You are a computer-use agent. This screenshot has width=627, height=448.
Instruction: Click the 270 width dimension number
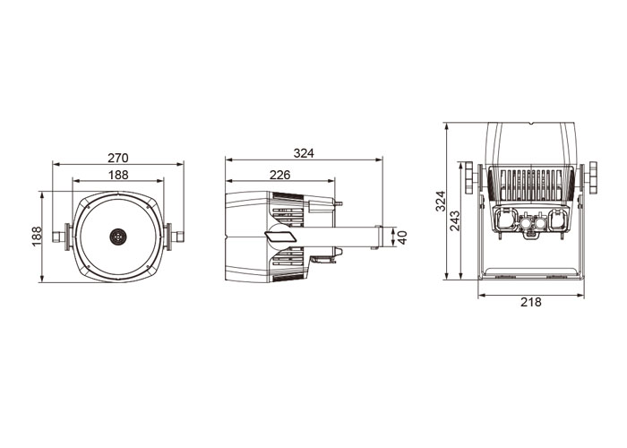point(118,158)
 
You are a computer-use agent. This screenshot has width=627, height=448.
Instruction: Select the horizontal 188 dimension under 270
point(118,175)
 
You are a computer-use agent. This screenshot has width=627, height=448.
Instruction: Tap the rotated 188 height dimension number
point(37,237)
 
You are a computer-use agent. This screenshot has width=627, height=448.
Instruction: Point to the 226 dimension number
point(279,175)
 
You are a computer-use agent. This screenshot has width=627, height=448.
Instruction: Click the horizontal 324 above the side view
point(304,153)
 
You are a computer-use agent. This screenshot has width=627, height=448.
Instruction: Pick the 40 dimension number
point(402,237)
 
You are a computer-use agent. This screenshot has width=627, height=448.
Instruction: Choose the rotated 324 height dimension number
point(441,201)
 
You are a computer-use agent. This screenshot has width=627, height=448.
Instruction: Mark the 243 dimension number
point(455,220)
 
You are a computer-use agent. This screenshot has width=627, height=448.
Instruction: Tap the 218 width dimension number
point(530,302)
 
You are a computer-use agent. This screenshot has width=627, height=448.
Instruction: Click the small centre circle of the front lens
point(117,237)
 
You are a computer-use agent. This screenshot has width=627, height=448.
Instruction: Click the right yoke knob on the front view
point(174,237)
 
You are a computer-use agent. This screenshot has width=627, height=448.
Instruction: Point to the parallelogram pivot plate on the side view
point(280,236)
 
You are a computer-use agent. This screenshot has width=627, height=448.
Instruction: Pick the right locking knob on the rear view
point(588,177)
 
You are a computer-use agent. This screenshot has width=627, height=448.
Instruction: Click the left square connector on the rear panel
point(505,220)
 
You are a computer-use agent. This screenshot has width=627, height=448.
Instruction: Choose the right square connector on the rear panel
point(558,220)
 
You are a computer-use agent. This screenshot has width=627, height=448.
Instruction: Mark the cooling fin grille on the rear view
point(531,185)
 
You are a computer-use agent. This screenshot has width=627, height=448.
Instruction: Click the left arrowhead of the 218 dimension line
point(482,296)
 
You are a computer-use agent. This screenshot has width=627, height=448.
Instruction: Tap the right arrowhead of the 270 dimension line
point(180,164)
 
